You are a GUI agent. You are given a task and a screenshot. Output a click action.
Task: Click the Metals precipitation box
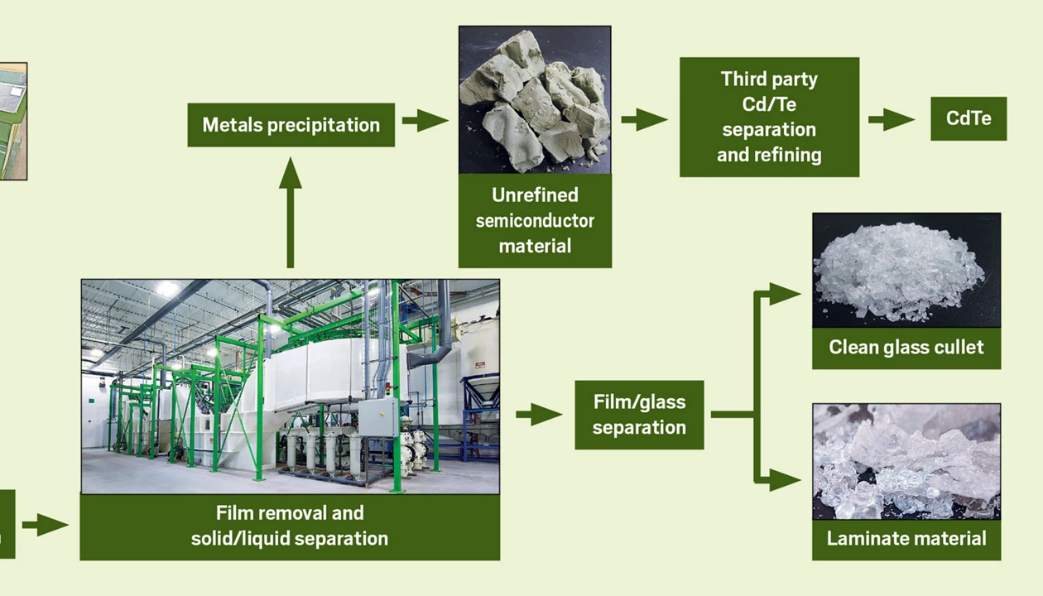(x=291, y=125)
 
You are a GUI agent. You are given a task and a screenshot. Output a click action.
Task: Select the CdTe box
(x=968, y=118)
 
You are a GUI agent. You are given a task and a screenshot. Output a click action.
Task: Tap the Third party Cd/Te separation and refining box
(x=769, y=117)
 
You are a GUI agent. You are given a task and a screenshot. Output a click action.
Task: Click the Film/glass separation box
(x=639, y=415)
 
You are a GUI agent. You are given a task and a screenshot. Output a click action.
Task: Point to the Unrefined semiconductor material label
(x=535, y=220)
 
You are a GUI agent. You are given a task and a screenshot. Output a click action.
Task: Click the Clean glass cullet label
(x=906, y=347)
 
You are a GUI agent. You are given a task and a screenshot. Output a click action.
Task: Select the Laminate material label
(x=906, y=539)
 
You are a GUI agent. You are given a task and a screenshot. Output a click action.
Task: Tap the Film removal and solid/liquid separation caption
(x=290, y=526)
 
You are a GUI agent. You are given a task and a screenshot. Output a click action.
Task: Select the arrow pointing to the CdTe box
(x=892, y=119)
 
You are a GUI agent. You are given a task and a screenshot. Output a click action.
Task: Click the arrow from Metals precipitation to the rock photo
(x=425, y=121)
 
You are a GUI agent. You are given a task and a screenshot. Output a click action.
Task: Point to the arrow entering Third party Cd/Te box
(x=644, y=120)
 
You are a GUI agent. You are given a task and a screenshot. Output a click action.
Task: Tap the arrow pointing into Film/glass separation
(x=539, y=414)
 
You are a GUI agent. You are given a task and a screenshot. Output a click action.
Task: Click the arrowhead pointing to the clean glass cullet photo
(x=783, y=294)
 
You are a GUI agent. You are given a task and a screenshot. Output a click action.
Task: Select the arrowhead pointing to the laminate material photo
(x=783, y=479)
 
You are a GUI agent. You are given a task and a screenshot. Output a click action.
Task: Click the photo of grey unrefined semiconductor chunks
(x=535, y=99)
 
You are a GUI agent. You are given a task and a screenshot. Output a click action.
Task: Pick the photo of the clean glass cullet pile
(x=906, y=270)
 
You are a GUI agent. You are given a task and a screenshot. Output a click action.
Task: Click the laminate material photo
(x=906, y=461)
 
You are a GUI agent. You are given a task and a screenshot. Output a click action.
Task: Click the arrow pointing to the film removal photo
(x=46, y=525)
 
